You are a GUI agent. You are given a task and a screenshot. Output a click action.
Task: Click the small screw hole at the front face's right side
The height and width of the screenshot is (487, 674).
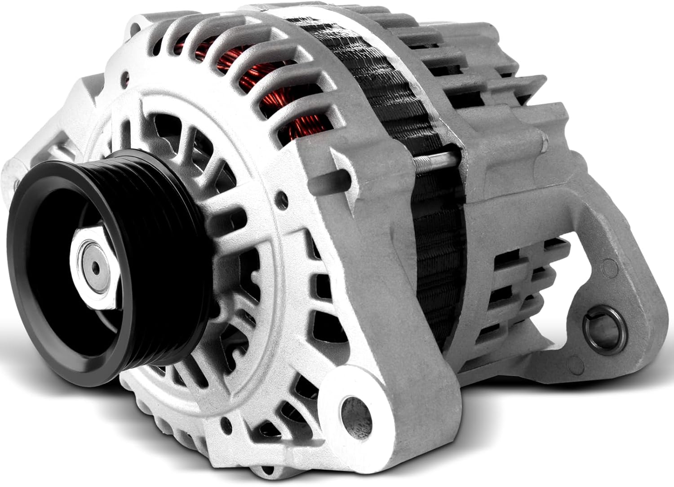tap(281, 197)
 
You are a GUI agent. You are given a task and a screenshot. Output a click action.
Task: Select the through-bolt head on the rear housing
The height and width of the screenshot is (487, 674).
tap(544, 144)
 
